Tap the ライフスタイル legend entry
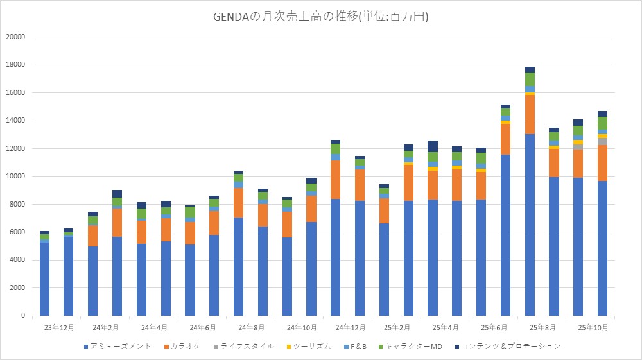[x=247, y=347]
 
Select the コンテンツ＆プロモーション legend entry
[x=507, y=347]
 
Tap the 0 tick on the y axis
[x=22, y=316]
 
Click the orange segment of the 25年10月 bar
[x=602, y=163]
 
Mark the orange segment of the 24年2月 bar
[x=93, y=236]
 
